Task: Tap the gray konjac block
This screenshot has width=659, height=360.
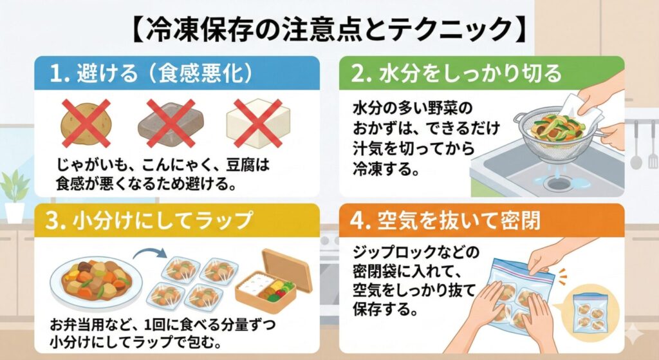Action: (x=171, y=123)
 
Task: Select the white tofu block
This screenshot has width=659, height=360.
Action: (x=258, y=123)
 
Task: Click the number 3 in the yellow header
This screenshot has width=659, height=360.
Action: (x=52, y=221)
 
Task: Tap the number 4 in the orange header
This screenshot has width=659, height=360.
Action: (x=357, y=221)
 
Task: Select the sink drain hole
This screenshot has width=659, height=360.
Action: (x=559, y=184)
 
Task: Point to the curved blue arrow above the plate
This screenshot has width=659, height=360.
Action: (x=149, y=252)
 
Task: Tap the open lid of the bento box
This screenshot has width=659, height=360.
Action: (x=286, y=269)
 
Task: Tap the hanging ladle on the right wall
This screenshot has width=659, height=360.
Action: (x=635, y=145)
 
